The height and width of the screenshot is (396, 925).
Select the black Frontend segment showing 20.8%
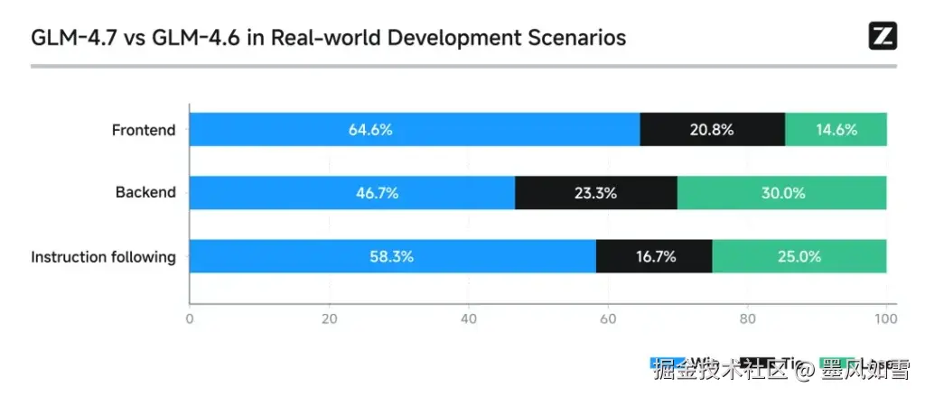click(712, 129)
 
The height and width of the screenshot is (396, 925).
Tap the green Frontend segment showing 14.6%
click(836, 129)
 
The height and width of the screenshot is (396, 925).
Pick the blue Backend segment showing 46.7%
click(352, 192)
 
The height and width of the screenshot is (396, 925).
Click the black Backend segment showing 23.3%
click(595, 192)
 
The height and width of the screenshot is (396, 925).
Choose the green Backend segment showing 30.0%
click(781, 192)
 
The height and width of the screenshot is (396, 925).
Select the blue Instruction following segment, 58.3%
click(392, 256)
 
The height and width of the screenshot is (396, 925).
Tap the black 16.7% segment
click(654, 256)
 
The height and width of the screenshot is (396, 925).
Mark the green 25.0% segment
click(799, 256)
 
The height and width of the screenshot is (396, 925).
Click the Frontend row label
click(144, 130)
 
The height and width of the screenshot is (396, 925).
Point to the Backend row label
click(145, 192)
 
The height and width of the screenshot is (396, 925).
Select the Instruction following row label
click(103, 257)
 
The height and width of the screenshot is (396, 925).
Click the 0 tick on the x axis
click(190, 318)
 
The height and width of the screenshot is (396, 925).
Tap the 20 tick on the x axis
click(329, 318)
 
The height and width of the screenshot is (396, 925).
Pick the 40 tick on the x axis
click(468, 318)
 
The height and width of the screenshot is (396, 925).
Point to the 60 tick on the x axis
click(608, 318)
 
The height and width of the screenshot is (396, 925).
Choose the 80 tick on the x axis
click(747, 318)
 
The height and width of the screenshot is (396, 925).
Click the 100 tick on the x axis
click(886, 318)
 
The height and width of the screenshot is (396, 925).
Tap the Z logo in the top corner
click(883, 36)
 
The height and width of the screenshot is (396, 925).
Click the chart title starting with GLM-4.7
click(329, 38)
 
